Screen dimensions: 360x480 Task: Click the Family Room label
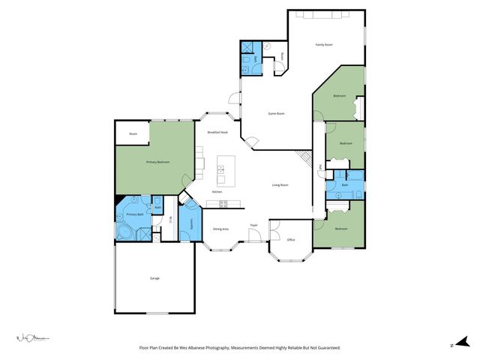click(323, 45)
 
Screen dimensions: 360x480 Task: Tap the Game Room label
click(277, 113)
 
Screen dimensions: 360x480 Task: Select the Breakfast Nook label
click(217, 132)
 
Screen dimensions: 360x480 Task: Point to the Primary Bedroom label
click(157, 162)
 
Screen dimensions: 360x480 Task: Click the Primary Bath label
click(134, 214)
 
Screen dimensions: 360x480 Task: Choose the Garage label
click(154, 278)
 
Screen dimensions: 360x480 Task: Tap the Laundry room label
click(193, 223)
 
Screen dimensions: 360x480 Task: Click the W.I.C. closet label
click(170, 220)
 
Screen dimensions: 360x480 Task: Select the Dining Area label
click(220, 228)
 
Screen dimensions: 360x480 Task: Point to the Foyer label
click(254, 224)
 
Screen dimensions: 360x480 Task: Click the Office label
click(291, 240)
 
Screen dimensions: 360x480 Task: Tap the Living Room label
click(280, 184)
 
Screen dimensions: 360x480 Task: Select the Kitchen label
click(217, 192)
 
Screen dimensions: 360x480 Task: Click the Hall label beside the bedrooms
click(321, 166)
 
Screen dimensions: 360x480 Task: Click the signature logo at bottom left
click(30, 340)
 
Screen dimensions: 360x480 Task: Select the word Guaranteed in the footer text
click(324, 348)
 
